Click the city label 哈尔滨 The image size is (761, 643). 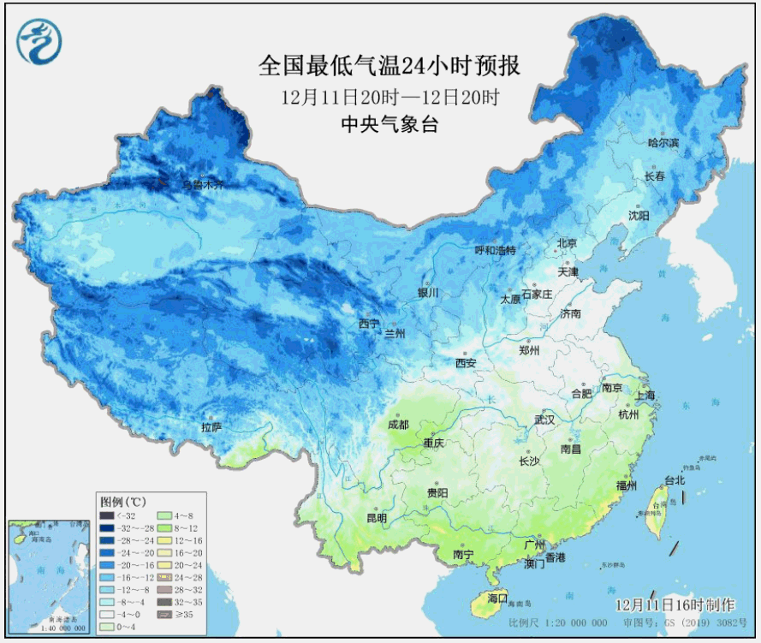663,142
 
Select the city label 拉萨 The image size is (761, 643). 211,426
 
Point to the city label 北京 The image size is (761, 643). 568,243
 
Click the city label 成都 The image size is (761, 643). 398,425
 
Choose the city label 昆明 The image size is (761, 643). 377,518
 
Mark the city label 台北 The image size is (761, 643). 675,480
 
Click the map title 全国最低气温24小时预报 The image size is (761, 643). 389,67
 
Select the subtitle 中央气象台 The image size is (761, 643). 389,124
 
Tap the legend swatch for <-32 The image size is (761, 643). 105,516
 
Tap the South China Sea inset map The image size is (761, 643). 50,575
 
